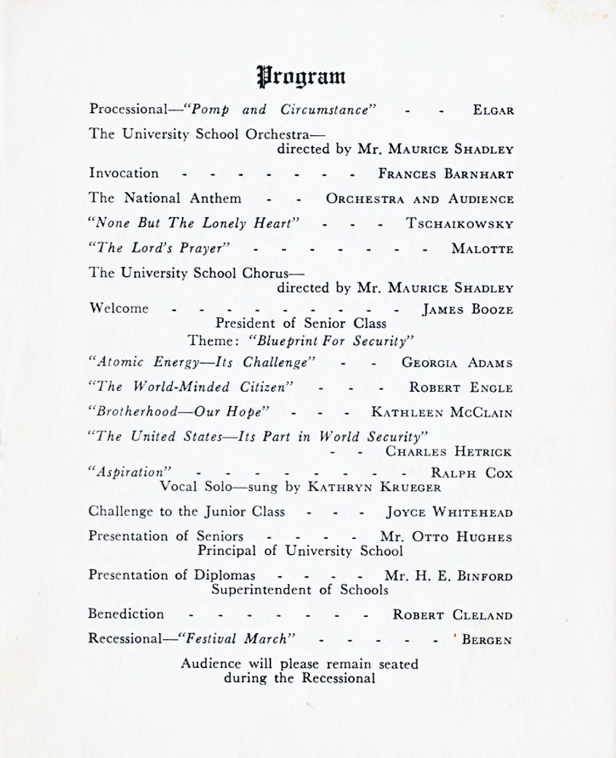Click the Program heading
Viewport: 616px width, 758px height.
click(x=302, y=76)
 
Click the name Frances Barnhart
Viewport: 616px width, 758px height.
click(x=445, y=174)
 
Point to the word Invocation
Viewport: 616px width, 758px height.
click(x=124, y=173)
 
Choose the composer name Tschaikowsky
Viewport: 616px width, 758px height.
click(x=460, y=224)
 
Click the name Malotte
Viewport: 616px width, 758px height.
click(x=482, y=249)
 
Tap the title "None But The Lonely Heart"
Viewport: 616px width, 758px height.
click(x=195, y=224)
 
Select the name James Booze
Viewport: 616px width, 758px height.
click(x=467, y=309)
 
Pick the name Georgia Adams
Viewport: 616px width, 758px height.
click(x=457, y=362)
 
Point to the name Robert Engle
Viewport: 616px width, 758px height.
click(x=460, y=387)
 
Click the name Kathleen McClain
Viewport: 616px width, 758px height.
click(x=442, y=413)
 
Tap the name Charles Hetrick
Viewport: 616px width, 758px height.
click(x=449, y=452)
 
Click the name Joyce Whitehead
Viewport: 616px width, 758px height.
click(x=449, y=512)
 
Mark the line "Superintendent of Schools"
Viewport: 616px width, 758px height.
click(x=300, y=589)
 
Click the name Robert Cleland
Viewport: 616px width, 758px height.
click(x=452, y=615)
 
